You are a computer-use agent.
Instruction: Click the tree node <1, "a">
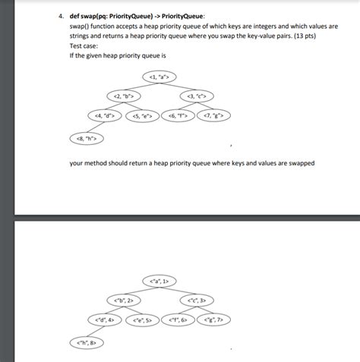click(159, 77)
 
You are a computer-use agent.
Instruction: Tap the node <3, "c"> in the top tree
click(195, 96)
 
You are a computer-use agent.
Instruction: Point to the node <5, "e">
click(142, 116)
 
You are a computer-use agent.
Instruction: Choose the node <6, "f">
click(178, 116)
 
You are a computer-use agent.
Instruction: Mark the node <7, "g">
click(213, 116)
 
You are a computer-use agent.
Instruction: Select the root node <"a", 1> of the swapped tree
click(159, 282)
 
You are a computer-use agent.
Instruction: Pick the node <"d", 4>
click(105, 320)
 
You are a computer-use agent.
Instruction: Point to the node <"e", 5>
click(143, 320)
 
